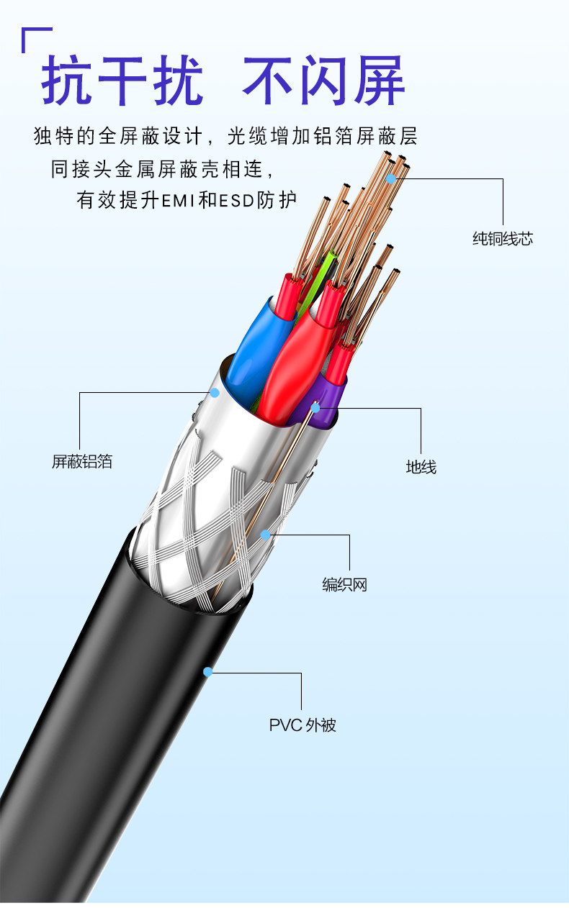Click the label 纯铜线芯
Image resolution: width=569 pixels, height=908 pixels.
tap(502, 239)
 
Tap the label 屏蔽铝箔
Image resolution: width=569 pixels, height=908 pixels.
tap(82, 462)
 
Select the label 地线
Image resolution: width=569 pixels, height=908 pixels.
tap(421, 468)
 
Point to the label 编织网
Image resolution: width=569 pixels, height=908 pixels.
tap(344, 585)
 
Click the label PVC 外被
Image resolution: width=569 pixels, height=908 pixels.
tap(303, 725)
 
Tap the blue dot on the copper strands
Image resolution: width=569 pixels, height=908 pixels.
tap(391, 178)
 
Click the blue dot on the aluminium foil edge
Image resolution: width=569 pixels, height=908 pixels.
tap(214, 393)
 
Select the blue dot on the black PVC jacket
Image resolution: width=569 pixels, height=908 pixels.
tap(207, 672)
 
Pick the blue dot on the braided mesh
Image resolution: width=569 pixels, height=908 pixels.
tap(265, 535)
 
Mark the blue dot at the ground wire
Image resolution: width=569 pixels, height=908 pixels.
tap(315, 408)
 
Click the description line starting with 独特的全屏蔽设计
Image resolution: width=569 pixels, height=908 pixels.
tap(225, 136)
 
